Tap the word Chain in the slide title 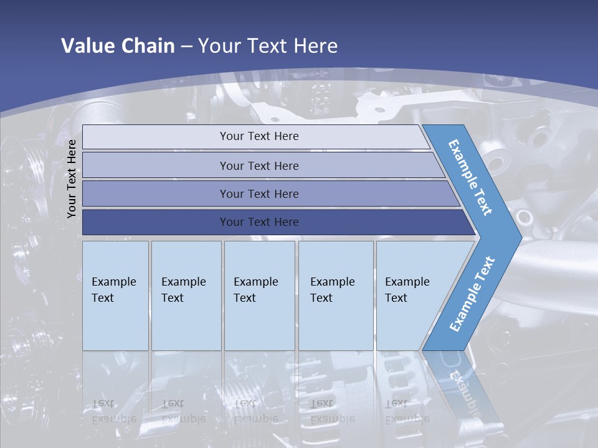[148, 46]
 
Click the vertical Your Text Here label [72, 179]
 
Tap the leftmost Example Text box [115, 295]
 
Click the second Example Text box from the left [186, 295]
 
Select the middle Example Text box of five [259, 295]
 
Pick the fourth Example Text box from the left [336, 295]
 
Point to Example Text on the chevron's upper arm [470, 178]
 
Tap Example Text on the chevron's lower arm [473, 293]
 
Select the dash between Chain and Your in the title [186, 47]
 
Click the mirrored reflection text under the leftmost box [114, 411]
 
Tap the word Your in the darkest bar [231, 222]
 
